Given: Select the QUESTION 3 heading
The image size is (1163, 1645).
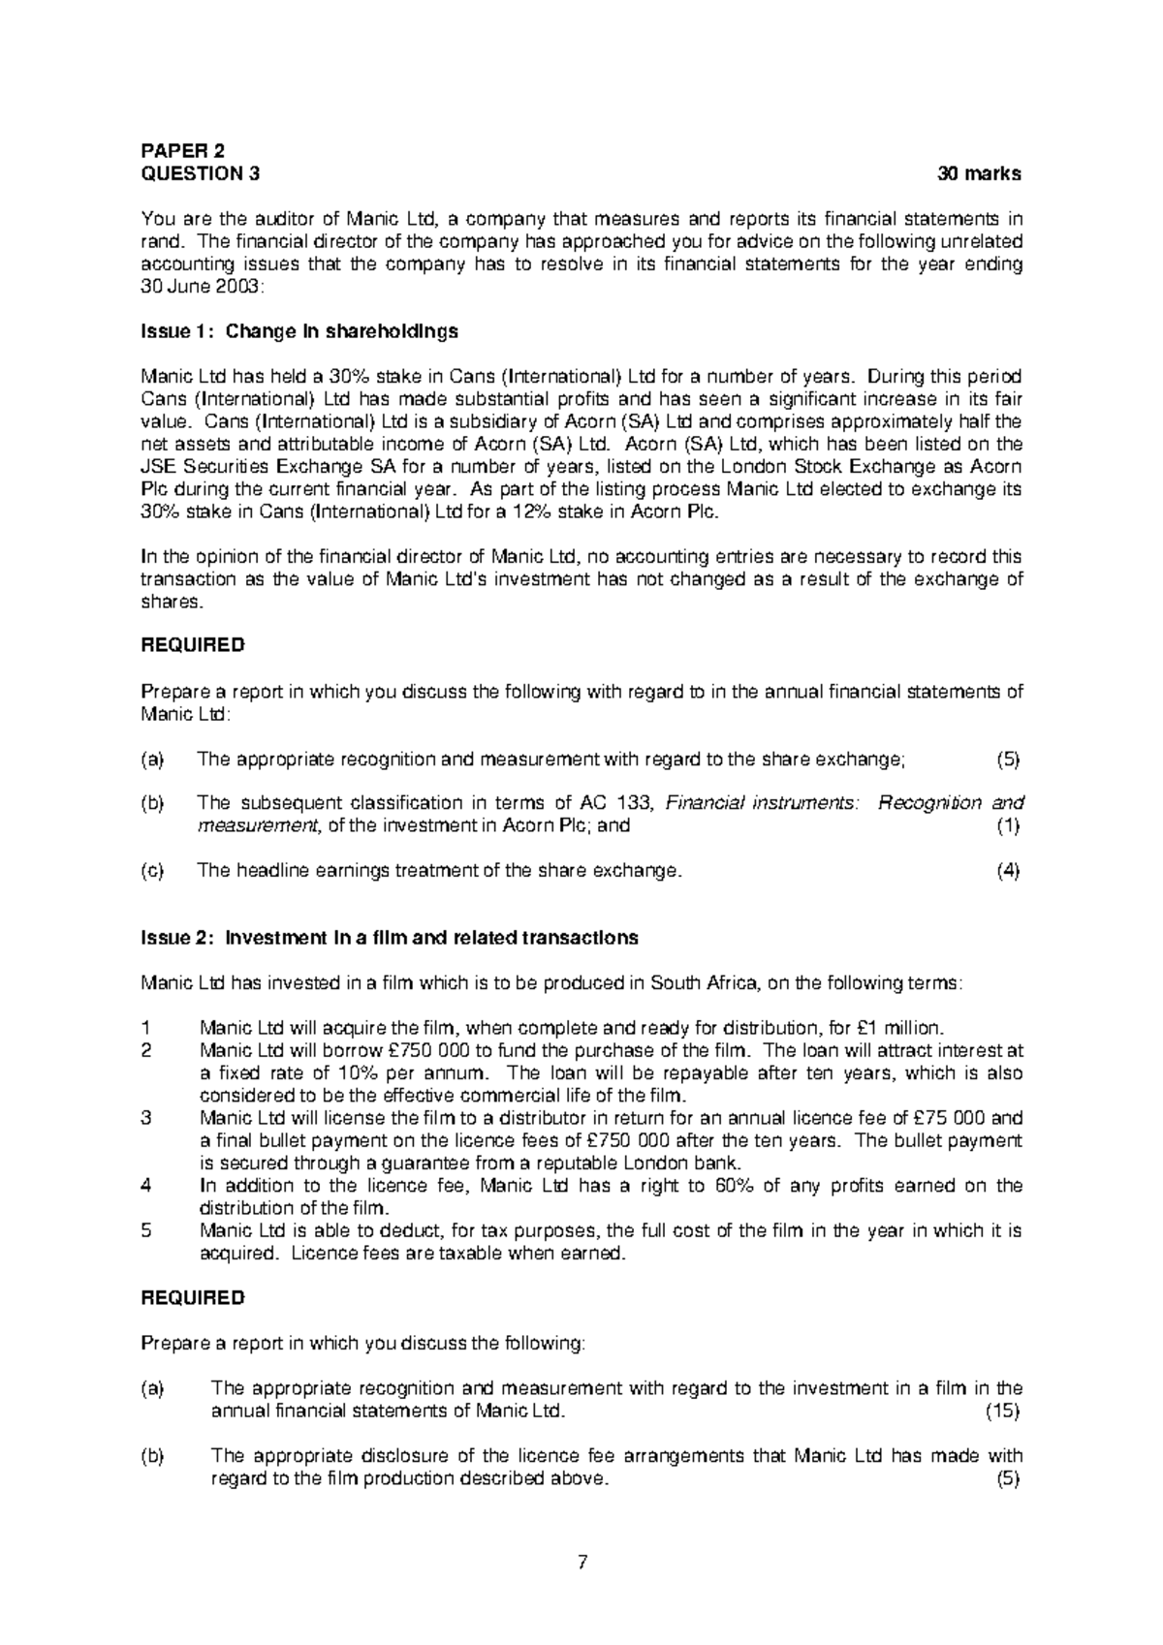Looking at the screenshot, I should coord(201,174).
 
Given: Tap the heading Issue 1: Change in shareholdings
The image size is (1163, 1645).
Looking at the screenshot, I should coord(299,331).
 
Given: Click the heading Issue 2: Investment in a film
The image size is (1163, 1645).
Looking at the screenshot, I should coord(390,938).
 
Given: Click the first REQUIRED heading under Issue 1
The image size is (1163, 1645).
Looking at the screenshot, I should coord(193,644).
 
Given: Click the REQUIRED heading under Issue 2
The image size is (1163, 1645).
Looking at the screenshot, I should coord(193,1297).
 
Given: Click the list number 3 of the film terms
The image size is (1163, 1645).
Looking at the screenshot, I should coord(146,1118).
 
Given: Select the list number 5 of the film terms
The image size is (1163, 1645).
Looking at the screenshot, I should coord(146,1230).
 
